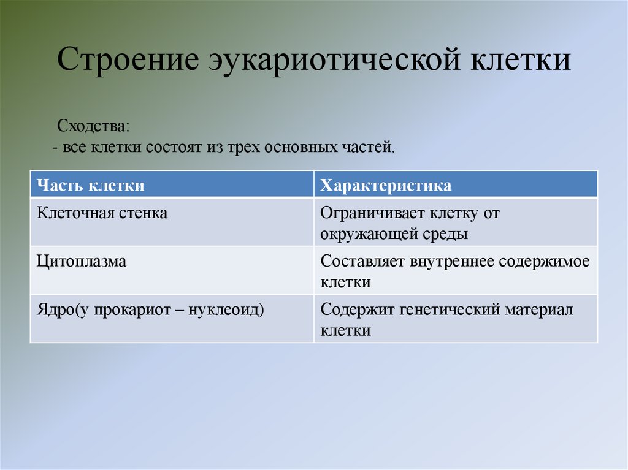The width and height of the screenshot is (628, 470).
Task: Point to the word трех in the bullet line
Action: click(x=243, y=148)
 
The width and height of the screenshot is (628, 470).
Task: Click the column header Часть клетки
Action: click(x=91, y=185)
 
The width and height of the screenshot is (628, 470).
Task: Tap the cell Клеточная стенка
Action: click(x=102, y=214)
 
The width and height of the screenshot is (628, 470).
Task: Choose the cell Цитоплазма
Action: click(x=82, y=262)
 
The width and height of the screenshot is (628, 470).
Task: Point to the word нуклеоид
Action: click(x=230, y=309)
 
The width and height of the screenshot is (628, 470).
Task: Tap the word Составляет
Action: click(x=361, y=262)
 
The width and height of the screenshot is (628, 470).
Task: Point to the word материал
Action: click(x=539, y=309)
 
